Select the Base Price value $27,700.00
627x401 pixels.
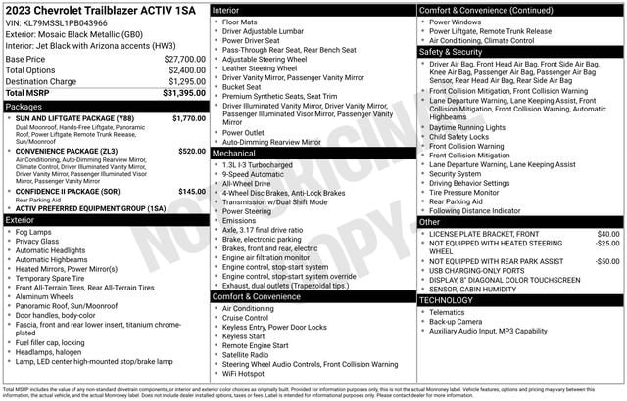184,59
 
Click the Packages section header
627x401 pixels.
24,106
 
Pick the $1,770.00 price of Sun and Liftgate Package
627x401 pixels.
187,118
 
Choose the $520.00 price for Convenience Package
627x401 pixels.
191,152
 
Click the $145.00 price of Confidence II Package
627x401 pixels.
191,191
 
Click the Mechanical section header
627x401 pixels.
235,153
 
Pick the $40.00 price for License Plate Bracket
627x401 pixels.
607,234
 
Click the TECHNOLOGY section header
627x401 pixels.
446,300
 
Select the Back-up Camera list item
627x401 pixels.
456,321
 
